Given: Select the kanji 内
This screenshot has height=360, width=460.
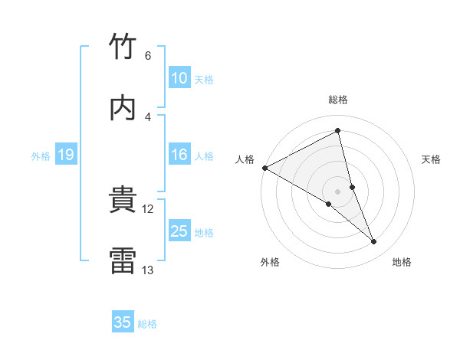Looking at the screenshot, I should tap(123, 107).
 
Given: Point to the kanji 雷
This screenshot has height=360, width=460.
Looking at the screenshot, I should tap(123, 260).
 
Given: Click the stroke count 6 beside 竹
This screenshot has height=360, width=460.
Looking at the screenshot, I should tap(148, 56).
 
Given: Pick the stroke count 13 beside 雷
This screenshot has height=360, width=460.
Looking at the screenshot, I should tap(148, 270).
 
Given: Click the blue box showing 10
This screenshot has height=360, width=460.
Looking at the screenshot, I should tap(179, 77).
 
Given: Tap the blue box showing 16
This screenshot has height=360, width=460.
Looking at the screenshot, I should tap(179, 155).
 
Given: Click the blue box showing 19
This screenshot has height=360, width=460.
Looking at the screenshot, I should tap(66, 155).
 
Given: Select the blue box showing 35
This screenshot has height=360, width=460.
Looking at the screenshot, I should tap(123, 322).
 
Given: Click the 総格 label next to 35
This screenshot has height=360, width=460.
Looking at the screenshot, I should tap(147, 324).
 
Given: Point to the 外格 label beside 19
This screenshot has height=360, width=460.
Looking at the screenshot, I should tap(41, 156).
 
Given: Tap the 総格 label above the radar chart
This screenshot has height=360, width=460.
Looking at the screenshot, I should tap(338, 100).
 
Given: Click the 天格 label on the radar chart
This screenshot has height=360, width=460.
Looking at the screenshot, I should tap(432, 159).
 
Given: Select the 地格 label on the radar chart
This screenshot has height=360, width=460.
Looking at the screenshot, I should tap(402, 263).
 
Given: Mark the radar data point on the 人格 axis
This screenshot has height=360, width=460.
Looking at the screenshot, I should tap(264, 168).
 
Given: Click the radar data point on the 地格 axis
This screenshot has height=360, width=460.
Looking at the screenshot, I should tap(374, 242).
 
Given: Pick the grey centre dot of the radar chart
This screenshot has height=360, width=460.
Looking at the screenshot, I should tap(338, 191).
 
